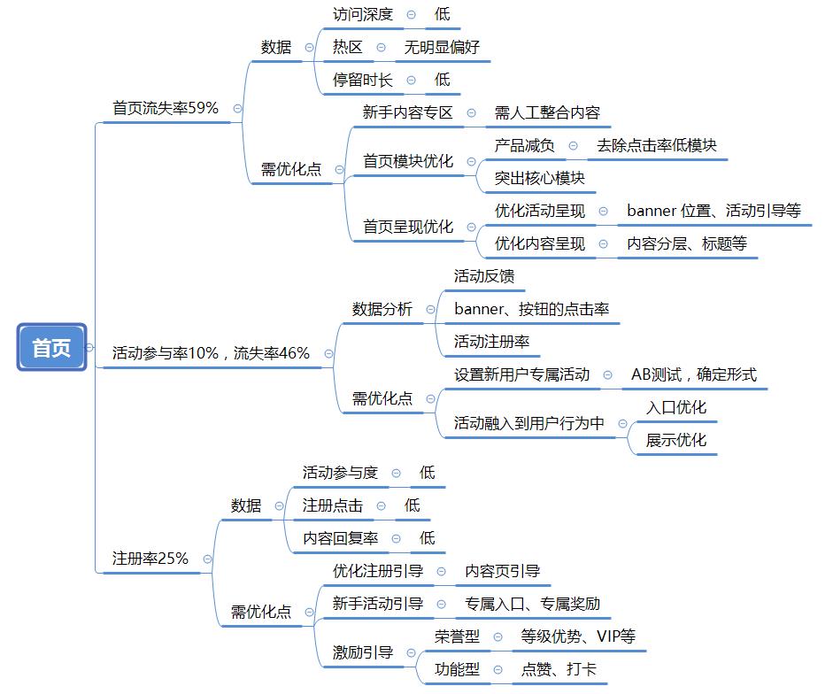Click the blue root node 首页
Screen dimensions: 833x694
pos(51,347)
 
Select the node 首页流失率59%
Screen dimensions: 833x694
pos(166,108)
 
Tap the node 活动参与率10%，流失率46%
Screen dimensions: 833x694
pos(211,353)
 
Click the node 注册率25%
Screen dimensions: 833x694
pos(150,559)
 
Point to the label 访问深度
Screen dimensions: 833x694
pos(363,14)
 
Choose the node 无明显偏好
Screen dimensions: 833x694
pos(442,47)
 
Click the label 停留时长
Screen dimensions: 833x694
pos(363,81)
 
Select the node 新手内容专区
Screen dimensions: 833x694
pos(407,112)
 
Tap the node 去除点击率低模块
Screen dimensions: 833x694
pos(657,145)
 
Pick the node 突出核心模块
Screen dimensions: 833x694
pos(540,178)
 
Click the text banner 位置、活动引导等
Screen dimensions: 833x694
pos(713,211)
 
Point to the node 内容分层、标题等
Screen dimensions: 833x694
pos(687,244)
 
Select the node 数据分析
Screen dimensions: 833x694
pos(382,309)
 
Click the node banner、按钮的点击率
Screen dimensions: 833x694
pos(532,309)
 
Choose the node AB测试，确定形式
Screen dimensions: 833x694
pos(694,374)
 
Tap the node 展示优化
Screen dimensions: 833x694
pos(676,440)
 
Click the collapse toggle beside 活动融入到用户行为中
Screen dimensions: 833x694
pos(622,423)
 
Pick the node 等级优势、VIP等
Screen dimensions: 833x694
pos(578,636)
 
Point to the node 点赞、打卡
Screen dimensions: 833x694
pos(559,669)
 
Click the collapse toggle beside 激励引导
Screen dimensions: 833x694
pos(411,653)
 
